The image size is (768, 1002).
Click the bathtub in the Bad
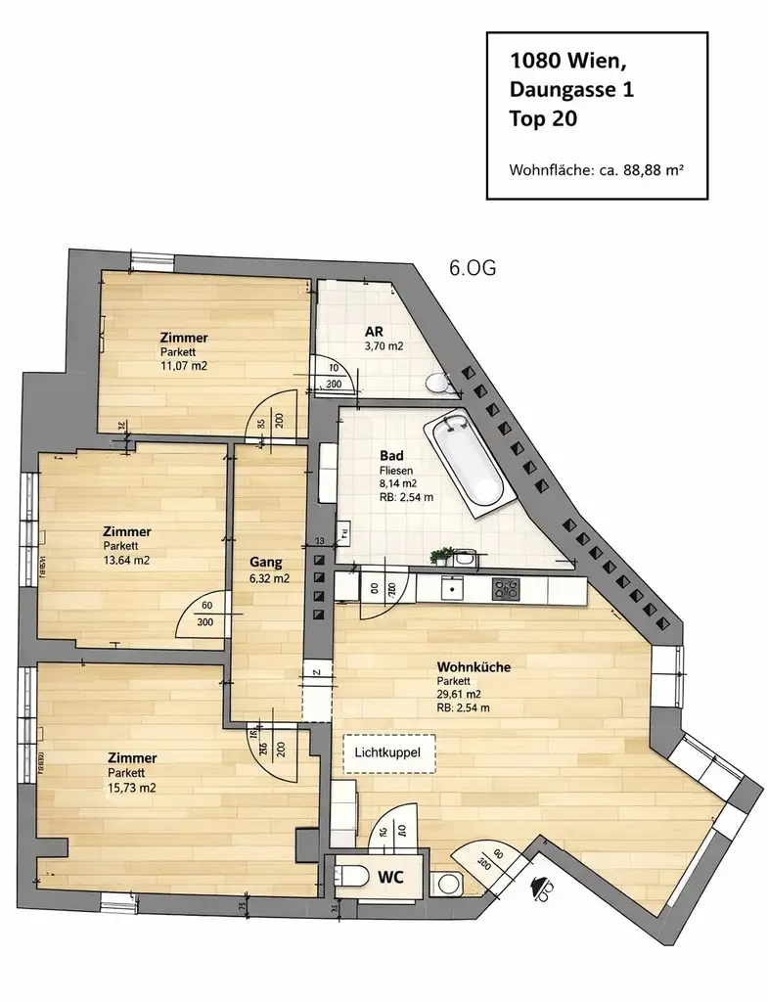(468, 463)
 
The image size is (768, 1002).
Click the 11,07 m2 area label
(185, 366)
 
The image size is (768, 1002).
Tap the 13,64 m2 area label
(128, 560)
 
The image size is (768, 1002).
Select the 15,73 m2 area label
(132, 787)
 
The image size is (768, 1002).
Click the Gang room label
(265, 563)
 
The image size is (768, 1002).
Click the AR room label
(373, 332)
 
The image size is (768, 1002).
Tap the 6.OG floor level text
(473, 269)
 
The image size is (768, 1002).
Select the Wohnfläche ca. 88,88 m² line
(595, 169)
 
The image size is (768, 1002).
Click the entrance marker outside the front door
(540, 887)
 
